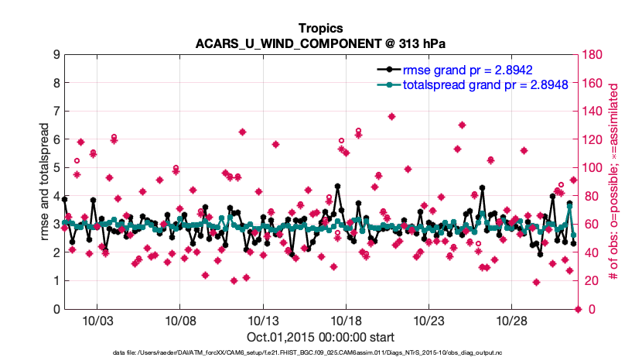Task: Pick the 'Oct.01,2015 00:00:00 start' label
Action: point(321,337)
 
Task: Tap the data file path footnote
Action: point(321,353)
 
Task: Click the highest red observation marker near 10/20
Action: point(392,116)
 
